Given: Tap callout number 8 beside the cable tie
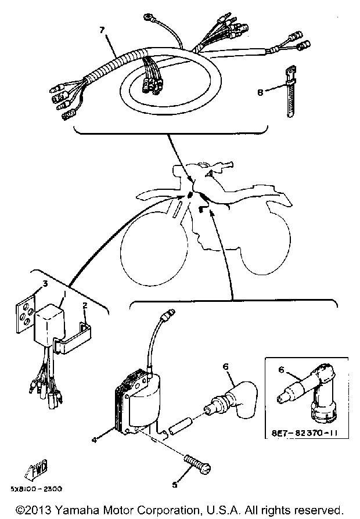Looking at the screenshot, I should pyautogui.click(x=260, y=91).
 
